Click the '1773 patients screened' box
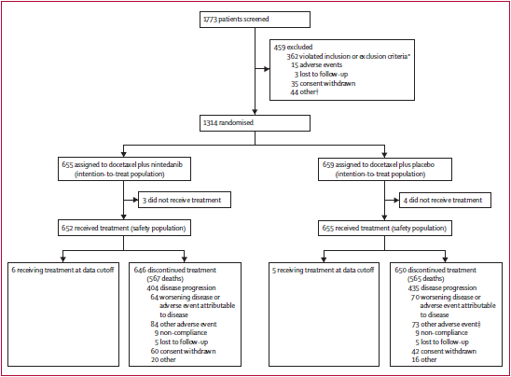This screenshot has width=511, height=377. (255, 20)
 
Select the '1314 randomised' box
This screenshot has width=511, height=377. (255, 123)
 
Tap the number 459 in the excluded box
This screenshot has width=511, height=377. (280, 47)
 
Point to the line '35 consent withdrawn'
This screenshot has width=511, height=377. (324, 83)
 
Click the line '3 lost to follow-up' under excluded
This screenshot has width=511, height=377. (321, 75)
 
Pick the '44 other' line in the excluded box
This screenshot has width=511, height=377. (304, 92)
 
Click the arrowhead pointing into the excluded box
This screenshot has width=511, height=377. (267, 69)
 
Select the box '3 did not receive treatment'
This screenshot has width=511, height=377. (185, 200)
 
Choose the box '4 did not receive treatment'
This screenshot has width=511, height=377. (445, 200)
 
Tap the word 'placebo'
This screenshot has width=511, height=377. (423, 164)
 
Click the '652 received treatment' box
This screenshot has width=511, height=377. (125, 228)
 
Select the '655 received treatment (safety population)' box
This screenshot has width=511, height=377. (385, 228)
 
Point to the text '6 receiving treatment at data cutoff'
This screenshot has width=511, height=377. (62, 270)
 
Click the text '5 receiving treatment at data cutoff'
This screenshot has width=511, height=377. (324, 270)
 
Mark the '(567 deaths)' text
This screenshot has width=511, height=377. (165, 279)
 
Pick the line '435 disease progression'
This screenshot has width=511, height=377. (442, 288)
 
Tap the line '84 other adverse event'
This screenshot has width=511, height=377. (184, 324)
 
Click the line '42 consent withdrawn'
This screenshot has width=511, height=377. (444, 351)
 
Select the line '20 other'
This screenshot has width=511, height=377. (163, 359)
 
